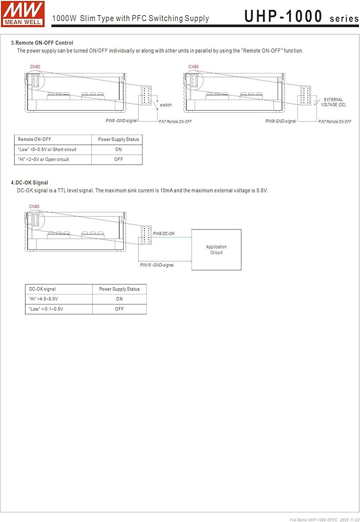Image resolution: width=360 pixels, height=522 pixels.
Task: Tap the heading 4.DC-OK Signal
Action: point(29,183)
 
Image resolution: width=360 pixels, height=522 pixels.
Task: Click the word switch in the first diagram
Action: point(166,105)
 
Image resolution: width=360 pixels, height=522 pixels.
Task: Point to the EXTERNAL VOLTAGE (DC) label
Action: point(333,102)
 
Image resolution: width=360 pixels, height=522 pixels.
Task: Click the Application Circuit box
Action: point(217,250)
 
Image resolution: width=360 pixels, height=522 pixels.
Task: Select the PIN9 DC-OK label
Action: point(164,233)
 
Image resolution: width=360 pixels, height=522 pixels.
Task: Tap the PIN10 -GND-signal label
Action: point(157,265)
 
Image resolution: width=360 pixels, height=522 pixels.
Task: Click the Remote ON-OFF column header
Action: point(34,139)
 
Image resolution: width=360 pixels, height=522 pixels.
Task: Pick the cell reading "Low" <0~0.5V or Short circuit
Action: point(47,149)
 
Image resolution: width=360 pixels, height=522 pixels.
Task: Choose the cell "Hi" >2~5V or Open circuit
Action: point(43,159)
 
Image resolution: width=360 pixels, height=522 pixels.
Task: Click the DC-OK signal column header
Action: point(43,289)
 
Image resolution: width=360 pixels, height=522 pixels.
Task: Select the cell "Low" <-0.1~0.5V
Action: point(46,309)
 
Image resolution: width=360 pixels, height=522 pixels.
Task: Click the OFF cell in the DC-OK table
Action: point(119,309)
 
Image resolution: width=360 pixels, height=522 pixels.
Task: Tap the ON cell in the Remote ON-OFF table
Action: point(118,149)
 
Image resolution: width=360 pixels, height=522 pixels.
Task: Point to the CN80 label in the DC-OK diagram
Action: point(34,206)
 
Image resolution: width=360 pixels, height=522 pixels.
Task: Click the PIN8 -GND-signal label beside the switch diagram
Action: point(122,121)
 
